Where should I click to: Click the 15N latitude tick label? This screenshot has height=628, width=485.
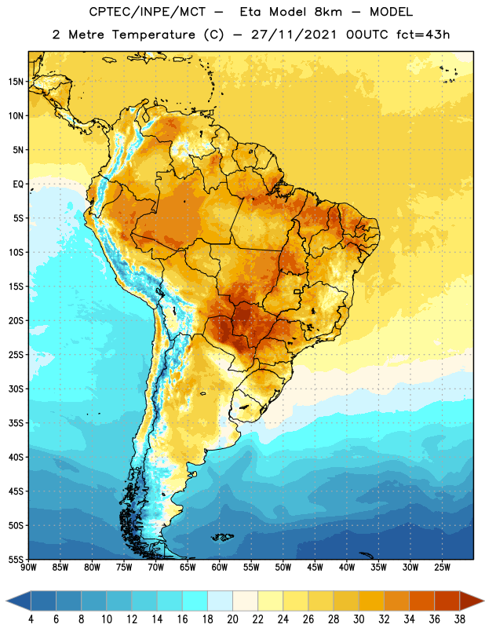click(16, 82)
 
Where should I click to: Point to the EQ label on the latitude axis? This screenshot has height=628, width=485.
click(18, 184)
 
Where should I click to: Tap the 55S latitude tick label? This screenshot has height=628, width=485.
click(16, 559)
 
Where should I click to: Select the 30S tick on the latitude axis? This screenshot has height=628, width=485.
click(16, 389)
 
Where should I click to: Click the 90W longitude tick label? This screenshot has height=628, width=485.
click(28, 568)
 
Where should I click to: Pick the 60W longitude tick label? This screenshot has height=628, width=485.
click(220, 568)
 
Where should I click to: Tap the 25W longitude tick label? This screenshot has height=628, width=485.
click(442, 568)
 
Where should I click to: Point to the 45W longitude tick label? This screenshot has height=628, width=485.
click(315, 568)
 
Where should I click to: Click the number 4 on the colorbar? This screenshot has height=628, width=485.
click(31, 619)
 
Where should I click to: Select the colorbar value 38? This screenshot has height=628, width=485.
click(460, 619)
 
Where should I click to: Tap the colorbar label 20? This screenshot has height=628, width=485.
click(232, 619)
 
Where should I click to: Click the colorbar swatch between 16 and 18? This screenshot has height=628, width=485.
click(195, 601)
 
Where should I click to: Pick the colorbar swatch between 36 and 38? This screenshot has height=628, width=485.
click(447, 601)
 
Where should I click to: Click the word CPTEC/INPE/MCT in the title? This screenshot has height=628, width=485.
click(148, 13)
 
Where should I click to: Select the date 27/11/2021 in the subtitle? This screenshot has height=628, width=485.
click(294, 35)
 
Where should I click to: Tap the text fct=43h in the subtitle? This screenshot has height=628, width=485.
click(423, 35)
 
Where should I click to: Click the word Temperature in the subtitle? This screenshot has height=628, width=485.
click(153, 35)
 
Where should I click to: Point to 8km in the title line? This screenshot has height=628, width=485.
click(328, 13)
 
